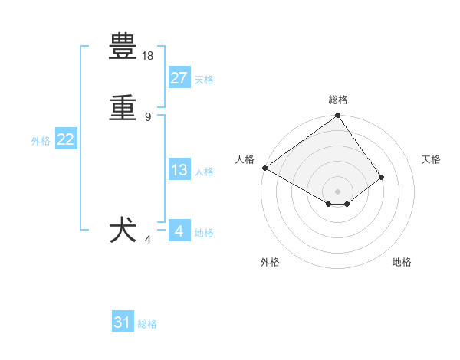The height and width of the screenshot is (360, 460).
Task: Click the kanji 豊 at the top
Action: coord(123,48)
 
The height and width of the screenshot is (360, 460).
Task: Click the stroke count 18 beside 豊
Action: coord(148,57)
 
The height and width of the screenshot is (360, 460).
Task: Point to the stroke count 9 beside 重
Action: coord(148,116)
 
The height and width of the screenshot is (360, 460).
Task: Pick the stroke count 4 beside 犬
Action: coord(148,240)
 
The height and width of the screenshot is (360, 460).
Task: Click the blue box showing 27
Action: coord(179,78)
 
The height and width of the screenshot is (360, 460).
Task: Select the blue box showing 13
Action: coord(179,170)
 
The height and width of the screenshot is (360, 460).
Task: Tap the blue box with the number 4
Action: coord(179,231)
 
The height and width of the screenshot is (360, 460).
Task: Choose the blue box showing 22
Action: coord(66,139)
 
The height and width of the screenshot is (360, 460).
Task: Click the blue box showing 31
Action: coord(123,322)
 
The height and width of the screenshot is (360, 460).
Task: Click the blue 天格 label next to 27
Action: coord(204,80)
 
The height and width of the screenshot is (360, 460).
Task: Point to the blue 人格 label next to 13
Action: coord(204,172)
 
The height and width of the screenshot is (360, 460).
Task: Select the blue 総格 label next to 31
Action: coord(147,324)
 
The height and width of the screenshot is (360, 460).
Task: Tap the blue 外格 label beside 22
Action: coord(41,141)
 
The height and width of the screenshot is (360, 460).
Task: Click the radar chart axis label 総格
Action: coord(338,100)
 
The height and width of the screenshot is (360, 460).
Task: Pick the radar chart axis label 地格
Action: coord(402,262)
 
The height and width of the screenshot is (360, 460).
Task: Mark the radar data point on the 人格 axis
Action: coord(264,168)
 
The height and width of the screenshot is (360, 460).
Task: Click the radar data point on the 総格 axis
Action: coord(338,116)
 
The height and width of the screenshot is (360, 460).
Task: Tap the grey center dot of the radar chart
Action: coord(338,191)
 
